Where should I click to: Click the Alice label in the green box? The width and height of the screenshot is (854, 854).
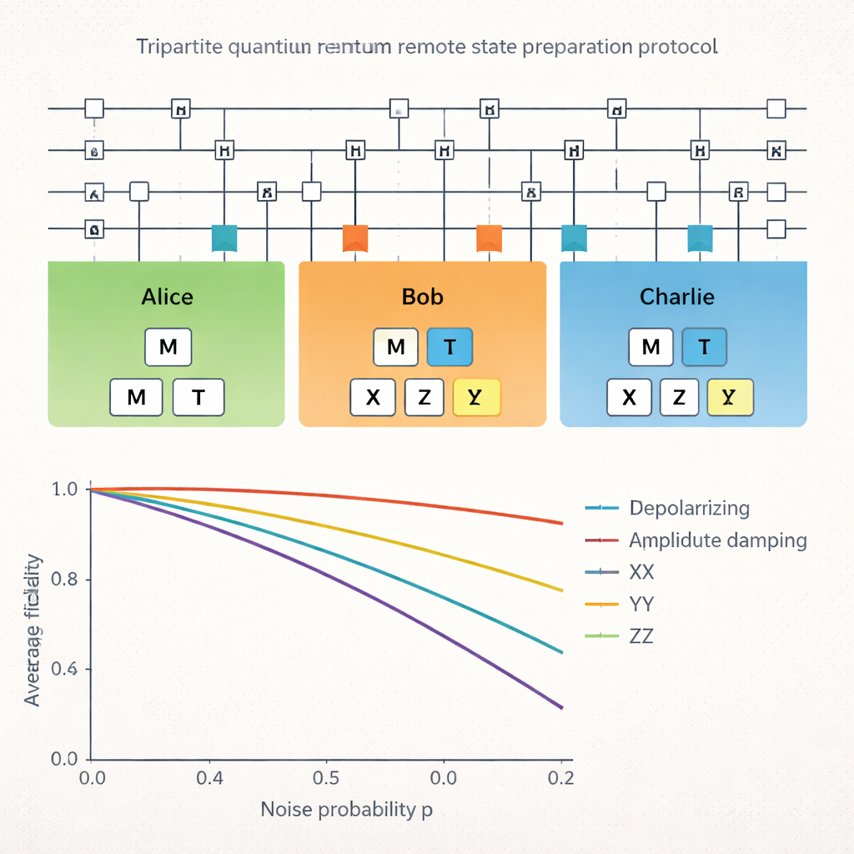coord(167,297)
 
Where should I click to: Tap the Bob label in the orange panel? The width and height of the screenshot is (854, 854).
coord(423,297)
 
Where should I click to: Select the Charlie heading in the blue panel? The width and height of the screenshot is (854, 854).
coord(676,297)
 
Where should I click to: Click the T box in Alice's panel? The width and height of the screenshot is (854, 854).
coord(198,397)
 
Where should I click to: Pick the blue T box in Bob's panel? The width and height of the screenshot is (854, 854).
coord(450,348)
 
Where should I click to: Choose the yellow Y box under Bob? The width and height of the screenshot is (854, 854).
coord(476,397)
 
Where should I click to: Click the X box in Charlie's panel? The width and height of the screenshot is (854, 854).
coord(630,397)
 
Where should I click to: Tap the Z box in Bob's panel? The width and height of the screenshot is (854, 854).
coord(424,397)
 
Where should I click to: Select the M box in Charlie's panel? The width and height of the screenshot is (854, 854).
coord(651,348)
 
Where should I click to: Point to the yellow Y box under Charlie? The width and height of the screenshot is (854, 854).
coord(730,397)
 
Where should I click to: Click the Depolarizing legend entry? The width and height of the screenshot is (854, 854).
coord(689,508)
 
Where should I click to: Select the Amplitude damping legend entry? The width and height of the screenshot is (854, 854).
coord(717,540)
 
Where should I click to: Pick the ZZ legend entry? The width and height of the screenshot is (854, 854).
coord(641,636)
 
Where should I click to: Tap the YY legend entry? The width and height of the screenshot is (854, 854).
coord(641,604)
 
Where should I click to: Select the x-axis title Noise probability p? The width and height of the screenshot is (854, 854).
coord(346,809)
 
